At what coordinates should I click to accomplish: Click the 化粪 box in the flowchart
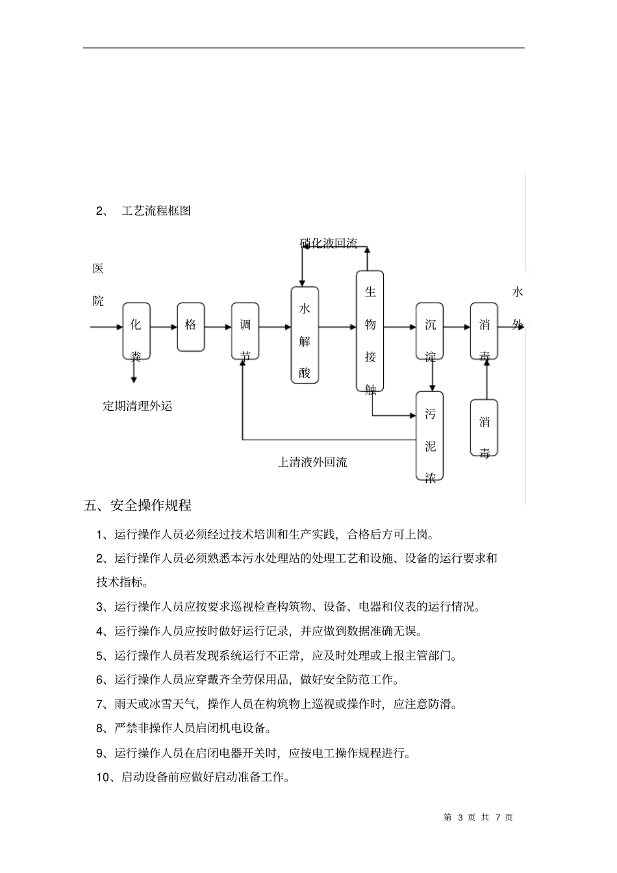(136, 331)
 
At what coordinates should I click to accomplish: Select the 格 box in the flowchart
(190, 326)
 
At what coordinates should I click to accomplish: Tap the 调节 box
(245, 331)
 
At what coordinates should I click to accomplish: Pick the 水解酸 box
(304, 334)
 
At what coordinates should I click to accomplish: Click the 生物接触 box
(370, 331)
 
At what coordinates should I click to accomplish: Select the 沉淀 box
(430, 331)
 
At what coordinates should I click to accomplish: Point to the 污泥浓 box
(429, 436)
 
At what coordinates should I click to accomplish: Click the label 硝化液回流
(329, 244)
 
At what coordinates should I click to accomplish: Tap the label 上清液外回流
(312, 462)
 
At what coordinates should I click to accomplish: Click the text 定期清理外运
(138, 406)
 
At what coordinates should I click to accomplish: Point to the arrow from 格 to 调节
(218, 327)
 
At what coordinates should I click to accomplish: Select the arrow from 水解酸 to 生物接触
(337, 327)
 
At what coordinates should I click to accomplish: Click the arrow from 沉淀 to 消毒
(457, 327)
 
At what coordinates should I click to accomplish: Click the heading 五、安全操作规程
(138, 505)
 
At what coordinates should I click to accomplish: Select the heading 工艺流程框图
(156, 211)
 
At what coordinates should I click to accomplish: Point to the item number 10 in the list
(104, 777)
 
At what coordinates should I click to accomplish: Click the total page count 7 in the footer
(498, 818)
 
